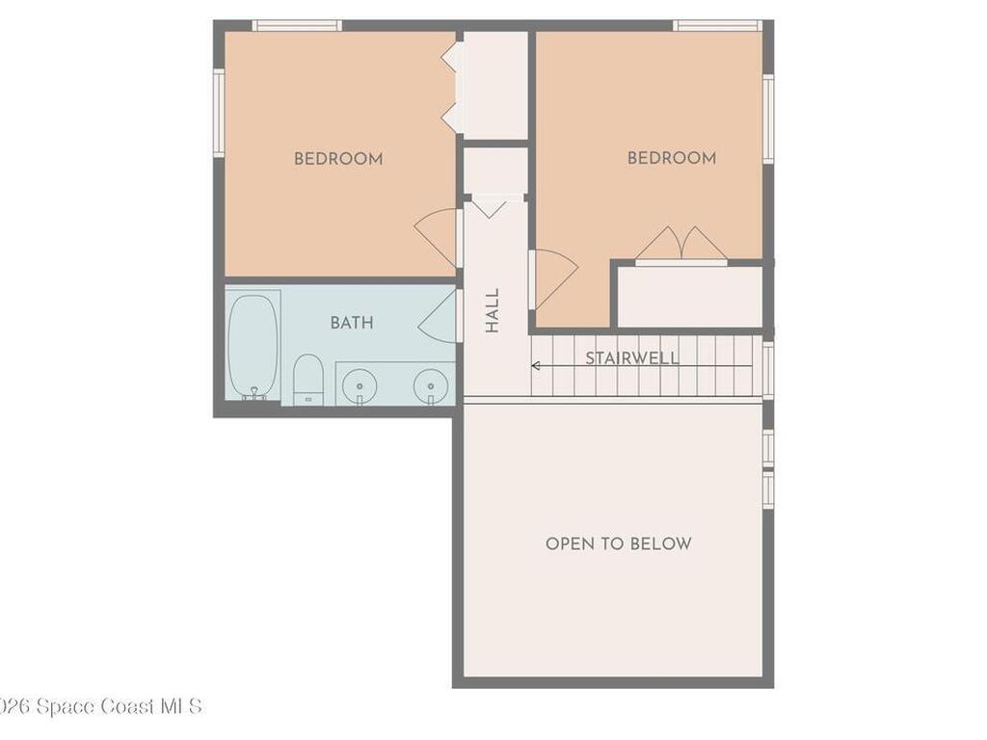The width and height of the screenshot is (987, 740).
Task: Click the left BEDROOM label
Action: [x=338, y=159]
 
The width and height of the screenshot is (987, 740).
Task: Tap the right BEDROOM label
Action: [x=672, y=158]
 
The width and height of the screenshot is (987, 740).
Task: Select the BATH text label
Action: [x=352, y=323]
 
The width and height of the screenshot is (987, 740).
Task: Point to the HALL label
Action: [x=493, y=310]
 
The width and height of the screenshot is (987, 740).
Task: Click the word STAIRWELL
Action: [x=632, y=358]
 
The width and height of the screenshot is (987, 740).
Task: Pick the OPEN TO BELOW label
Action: [x=619, y=543]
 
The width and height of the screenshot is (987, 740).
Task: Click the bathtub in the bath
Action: [x=253, y=345]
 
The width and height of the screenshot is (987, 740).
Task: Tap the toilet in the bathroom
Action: [x=308, y=378]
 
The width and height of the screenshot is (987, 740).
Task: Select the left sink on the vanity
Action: [x=359, y=385]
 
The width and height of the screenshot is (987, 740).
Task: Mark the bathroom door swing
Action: [x=440, y=317]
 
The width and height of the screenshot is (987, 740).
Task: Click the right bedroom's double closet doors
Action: [x=681, y=245]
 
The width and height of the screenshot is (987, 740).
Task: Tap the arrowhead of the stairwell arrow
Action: [x=535, y=366]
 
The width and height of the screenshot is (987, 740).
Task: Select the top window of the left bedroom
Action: [x=297, y=25]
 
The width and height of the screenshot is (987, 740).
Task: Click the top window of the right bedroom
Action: [x=718, y=25]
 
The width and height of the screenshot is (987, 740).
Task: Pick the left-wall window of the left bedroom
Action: [x=219, y=113]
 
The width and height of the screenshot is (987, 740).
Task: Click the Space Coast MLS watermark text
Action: [x=101, y=706]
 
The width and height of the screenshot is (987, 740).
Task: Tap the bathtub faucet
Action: [x=254, y=393]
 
